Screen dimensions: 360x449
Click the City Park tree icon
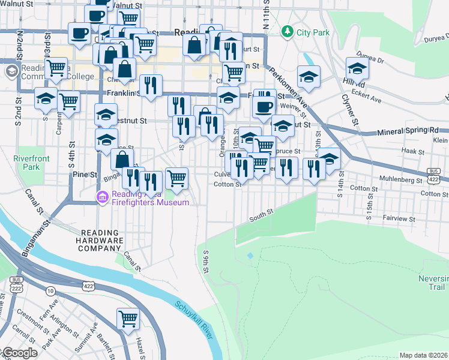[x=288, y=31]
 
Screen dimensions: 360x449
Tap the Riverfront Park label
[x=28, y=163]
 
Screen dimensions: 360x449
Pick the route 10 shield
[x=50, y=291]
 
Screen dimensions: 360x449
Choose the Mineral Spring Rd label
[x=408, y=130]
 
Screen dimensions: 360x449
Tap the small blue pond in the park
[x=250, y=256]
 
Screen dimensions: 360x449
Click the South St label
[x=262, y=214]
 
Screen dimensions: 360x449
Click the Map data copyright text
[x=424, y=355]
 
